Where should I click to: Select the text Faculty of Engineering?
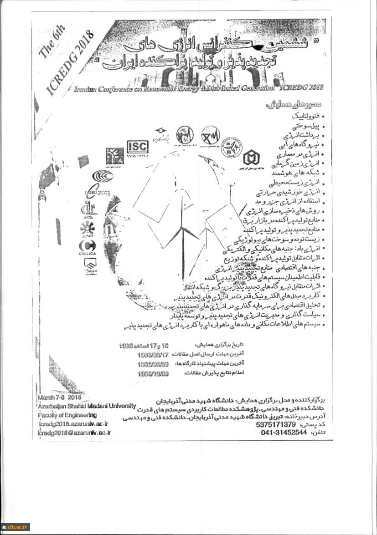[67, 415]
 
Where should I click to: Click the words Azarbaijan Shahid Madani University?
[87, 406]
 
